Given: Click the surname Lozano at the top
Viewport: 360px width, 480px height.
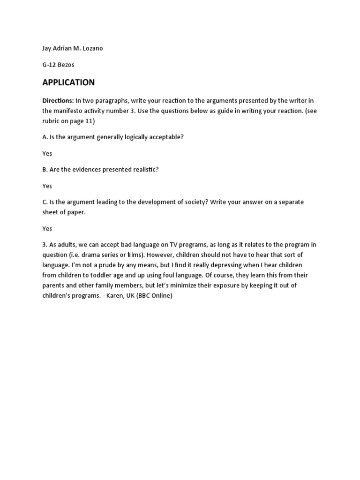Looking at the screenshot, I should (x=91, y=49).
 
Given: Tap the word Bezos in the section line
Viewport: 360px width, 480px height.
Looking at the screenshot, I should (x=65, y=65).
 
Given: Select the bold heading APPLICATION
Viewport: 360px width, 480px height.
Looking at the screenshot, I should (x=68, y=82).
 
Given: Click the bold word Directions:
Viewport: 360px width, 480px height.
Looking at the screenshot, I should (x=58, y=101).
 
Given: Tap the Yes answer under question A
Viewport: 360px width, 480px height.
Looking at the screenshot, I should (x=47, y=153).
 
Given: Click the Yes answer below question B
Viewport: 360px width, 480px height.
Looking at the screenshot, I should (x=47, y=186).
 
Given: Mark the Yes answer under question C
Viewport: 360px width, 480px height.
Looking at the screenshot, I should (x=47, y=228).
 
